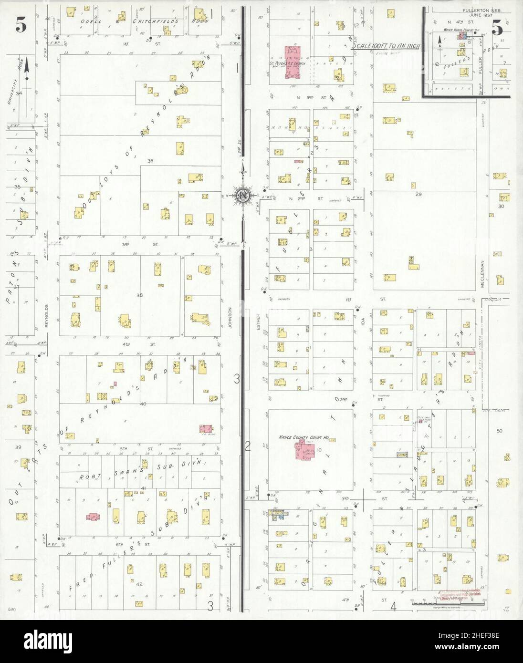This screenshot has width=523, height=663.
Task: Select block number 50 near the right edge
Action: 500,431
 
